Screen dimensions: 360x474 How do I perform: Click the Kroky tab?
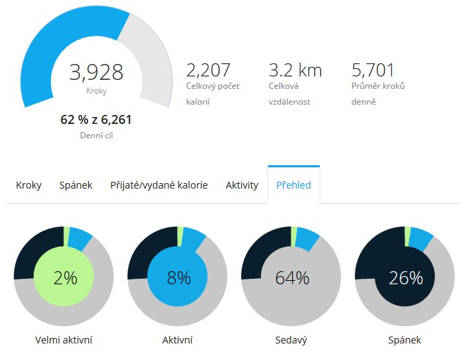(29, 185)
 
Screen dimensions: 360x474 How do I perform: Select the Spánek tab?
(76, 185)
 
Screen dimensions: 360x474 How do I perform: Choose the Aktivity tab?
(242, 185)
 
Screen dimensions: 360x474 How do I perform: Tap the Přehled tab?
(293, 185)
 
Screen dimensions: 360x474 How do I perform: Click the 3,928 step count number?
(96, 72)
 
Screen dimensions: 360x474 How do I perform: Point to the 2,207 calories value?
(208, 70)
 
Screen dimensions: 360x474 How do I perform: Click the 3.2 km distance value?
(295, 70)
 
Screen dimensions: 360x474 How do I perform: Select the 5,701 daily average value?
(373, 70)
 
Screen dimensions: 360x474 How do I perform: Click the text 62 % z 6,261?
(96, 120)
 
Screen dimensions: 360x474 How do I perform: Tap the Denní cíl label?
(96, 136)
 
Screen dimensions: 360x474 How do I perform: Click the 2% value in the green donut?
(65, 278)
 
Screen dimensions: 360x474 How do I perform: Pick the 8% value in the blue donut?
(178, 278)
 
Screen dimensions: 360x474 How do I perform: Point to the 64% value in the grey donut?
(292, 278)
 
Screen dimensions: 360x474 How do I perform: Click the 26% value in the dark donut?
(405, 278)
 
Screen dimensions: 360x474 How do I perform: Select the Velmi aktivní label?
(64, 340)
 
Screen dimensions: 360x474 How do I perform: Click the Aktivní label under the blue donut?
(177, 340)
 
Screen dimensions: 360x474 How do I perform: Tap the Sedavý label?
(291, 340)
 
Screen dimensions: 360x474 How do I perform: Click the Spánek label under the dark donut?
(404, 340)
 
